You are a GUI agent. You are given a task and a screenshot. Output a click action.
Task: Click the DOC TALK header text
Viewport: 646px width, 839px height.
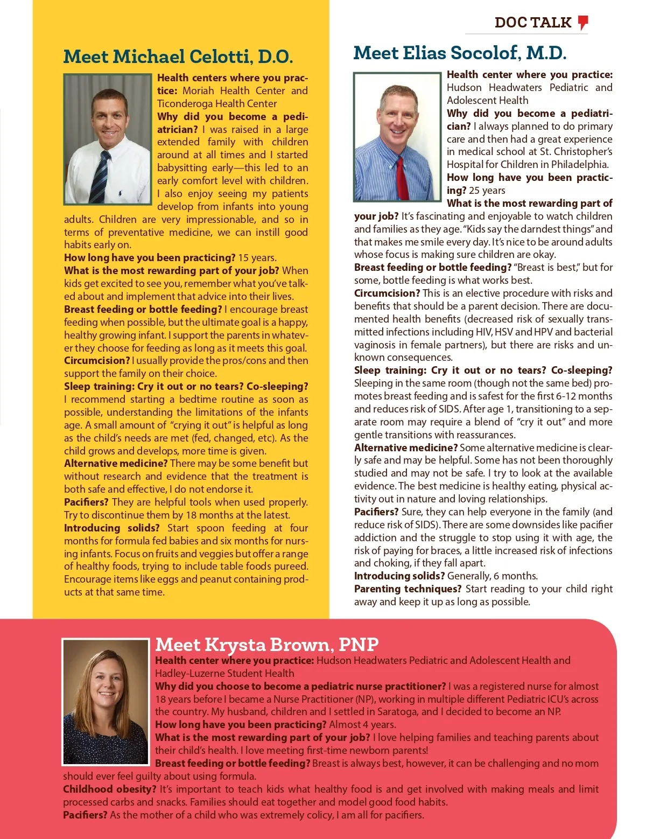click(x=532, y=23)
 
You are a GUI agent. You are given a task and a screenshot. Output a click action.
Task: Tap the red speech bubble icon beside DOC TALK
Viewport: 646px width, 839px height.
click(x=583, y=22)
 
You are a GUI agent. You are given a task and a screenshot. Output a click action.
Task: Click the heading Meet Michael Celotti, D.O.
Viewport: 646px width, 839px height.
click(x=178, y=57)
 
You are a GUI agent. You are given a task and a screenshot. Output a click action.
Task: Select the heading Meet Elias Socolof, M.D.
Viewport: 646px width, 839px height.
click(x=460, y=53)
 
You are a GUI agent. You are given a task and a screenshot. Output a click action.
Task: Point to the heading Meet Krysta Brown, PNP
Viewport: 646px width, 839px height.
click(x=266, y=645)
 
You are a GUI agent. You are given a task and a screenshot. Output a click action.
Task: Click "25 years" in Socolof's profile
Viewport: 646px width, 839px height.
click(x=487, y=191)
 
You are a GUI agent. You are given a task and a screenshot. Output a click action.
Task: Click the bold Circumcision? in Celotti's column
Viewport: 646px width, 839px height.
click(x=97, y=361)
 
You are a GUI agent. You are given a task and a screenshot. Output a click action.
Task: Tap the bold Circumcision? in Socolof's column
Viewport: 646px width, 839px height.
click(x=387, y=293)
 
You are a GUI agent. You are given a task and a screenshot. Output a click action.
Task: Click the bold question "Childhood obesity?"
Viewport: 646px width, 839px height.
click(x=109, y=789)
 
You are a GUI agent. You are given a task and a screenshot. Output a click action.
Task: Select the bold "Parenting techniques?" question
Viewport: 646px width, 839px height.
click(x=408, y=589)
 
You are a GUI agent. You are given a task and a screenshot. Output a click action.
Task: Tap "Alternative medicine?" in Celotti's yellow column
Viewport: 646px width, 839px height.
click(x=115, y=464)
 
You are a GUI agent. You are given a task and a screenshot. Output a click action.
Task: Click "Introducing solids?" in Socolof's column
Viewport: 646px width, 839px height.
click(x=399, y=576)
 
